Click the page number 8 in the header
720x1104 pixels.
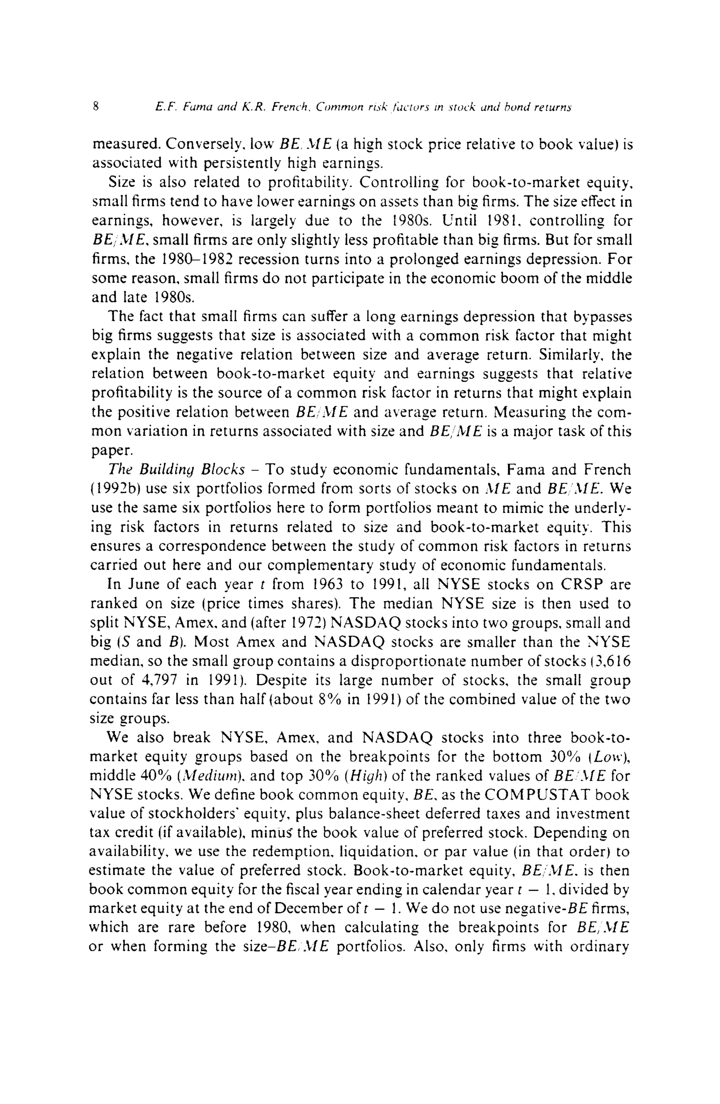96,107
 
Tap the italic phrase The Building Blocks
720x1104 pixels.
176,470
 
